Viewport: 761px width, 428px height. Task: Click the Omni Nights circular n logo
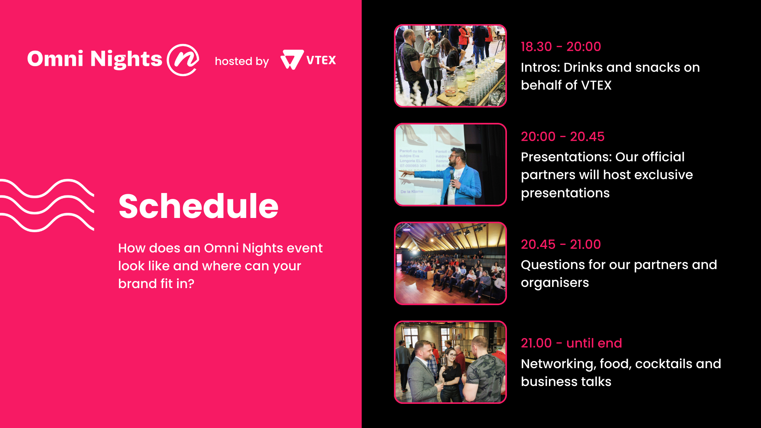pyautogui.click(x=183, y=60)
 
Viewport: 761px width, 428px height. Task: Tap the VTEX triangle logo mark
pyautogui.click(x=292, y=60)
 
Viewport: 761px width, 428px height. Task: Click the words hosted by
pyautogui.click(x=242, y=61)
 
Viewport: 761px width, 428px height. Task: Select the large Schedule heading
pyautogui.click(x=199, y=206)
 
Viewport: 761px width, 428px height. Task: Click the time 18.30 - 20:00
pyautogui.click(x=561, y=47)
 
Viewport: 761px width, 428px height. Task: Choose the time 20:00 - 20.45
pyautogui.click(x=562, y=137)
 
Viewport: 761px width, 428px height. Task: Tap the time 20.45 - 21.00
pyautogui.click(x=561, y=245)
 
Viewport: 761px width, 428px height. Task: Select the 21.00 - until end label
pyautogui.click(x=572, y=343)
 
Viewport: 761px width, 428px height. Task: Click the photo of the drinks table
pyautogui.click(x=450, y=66)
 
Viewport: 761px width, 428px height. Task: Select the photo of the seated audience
pyautogui.click(x=450, y=263)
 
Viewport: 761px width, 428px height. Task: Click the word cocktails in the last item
pyautogui.click(x=664, y=364)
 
